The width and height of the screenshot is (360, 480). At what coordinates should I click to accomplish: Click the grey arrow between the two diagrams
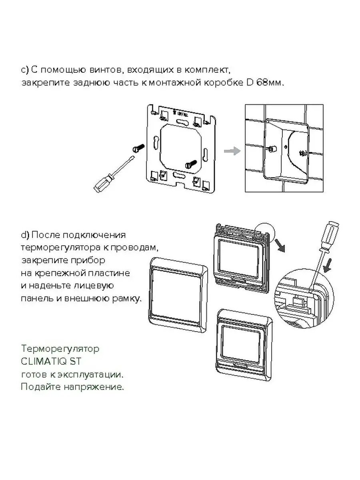[232, 151]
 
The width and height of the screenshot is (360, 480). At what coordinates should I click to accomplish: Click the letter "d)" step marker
[25, 235]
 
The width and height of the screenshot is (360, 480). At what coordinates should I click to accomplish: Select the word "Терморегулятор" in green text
[60, 349]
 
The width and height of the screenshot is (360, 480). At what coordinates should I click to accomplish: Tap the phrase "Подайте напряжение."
[72, 387]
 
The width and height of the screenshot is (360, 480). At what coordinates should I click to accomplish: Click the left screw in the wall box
[271, 148]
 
